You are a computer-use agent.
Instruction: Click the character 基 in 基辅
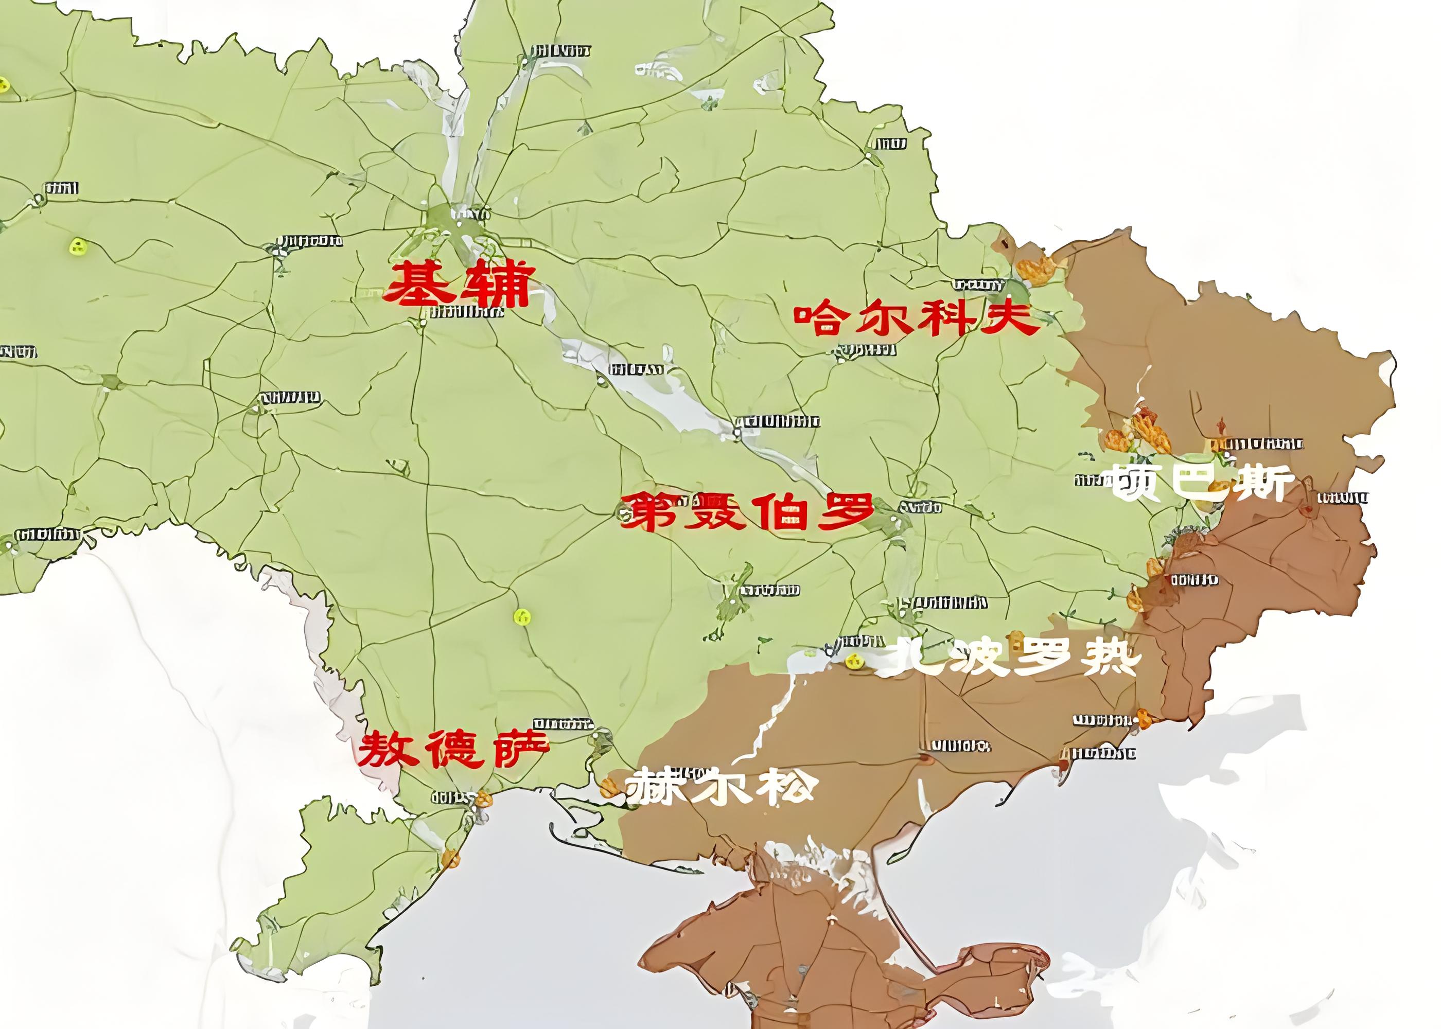pos(420,285)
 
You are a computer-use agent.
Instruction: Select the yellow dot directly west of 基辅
pos(77,246)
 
